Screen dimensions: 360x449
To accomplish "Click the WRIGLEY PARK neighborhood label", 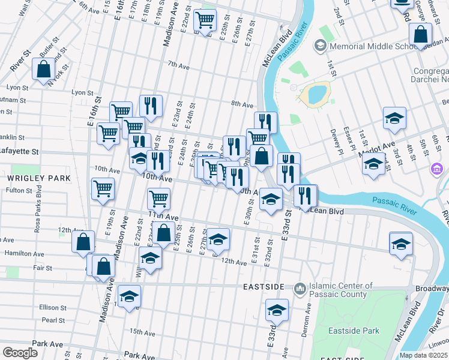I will [39, 178].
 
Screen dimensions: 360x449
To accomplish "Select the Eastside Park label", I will [354, 331].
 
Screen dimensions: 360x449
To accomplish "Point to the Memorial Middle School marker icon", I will [321, 46].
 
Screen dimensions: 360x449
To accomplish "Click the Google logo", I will [20, 353].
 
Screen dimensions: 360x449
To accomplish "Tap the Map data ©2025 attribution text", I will [424, 355].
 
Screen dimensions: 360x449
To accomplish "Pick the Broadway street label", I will [432, 289].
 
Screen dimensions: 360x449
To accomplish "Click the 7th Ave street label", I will [178, 64].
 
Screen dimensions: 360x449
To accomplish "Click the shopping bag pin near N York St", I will [44, 70].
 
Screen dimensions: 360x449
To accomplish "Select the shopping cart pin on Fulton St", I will [103, 188].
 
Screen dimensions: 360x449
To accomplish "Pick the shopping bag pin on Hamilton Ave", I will [83, 242].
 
